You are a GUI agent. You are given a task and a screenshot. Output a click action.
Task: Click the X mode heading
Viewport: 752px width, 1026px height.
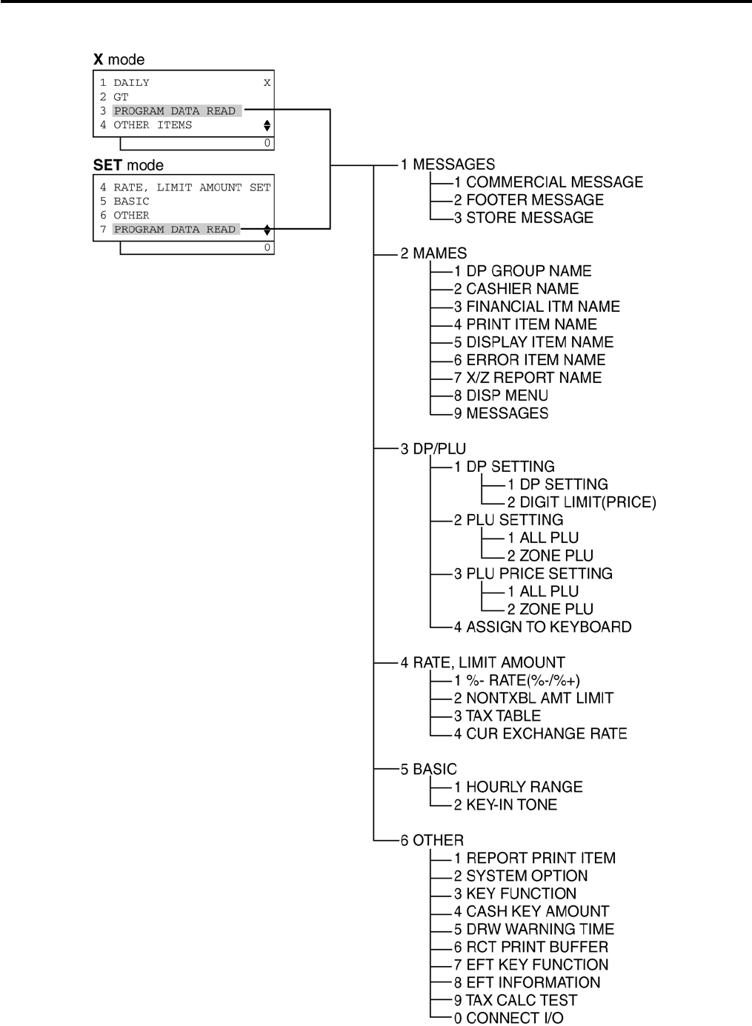tap(119, 60)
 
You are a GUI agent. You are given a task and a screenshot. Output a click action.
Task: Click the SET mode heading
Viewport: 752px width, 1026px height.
tap(128, 165)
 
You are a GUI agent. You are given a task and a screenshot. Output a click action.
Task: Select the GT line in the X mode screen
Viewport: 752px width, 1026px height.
tap(121, 97)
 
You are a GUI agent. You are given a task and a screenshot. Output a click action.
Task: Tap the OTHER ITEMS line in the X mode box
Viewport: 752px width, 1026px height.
tap(153, 125)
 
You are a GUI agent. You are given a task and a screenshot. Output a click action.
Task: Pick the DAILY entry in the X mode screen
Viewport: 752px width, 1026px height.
tap(131, 83)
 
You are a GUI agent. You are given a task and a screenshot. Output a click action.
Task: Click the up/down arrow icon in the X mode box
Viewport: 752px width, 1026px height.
tap(267, 126)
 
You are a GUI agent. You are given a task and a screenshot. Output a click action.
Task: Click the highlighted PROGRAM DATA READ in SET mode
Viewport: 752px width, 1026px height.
tap(175, 230)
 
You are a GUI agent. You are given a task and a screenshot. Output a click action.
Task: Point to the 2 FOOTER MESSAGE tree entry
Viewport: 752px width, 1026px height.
tap(529, 200)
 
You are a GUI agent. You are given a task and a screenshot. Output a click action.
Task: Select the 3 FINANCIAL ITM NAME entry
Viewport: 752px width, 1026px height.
tap(536, 307)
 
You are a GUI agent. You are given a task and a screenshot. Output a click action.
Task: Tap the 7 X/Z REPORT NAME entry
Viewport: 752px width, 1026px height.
tap(528, 378)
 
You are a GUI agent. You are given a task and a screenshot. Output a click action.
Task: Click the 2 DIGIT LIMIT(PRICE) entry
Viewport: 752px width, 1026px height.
tap(582, 502)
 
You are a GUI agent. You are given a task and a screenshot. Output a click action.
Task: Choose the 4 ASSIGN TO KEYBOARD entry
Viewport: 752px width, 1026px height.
tap(542, 627)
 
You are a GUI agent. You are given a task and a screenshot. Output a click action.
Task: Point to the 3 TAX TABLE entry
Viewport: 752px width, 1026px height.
tap(497, 716)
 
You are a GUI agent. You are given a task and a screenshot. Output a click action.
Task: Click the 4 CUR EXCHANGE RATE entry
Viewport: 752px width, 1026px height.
tap(540, 733)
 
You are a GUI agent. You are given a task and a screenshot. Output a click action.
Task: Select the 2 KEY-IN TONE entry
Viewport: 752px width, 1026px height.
tap(505, 805)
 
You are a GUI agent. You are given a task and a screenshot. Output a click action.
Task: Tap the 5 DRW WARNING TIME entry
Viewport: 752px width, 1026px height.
tap(533, 929)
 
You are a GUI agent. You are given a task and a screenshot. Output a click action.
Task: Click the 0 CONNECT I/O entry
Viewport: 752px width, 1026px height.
tap(508, 1018)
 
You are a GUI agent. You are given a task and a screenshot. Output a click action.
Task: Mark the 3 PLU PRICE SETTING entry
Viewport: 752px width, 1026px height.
tap(533, 573)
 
